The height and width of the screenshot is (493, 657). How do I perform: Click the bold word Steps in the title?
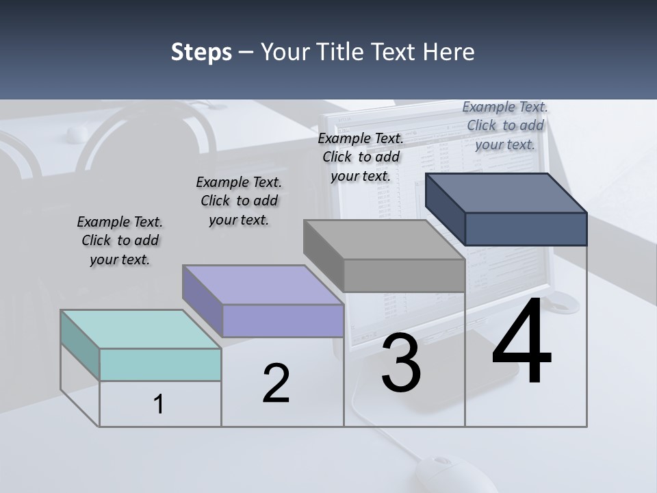point(201,52)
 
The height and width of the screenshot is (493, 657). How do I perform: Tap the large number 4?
point(522,342)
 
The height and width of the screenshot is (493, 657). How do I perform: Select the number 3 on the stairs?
point(401,363)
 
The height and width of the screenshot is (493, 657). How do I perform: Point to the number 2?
point(276,383)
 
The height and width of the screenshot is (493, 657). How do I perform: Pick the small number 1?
point(159,405)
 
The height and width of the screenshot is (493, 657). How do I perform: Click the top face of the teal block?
point(140,329)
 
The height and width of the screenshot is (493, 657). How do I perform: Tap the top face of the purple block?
point(263,284)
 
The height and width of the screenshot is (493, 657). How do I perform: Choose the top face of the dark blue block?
point(506,192)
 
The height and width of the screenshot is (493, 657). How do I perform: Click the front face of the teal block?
point(160,364)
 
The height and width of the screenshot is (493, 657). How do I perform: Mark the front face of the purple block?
point(283,320)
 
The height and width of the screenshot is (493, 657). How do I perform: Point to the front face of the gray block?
point(404,276)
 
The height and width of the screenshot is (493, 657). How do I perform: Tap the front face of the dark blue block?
point(526,229)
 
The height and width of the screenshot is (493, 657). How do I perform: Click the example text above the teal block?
point(120,240)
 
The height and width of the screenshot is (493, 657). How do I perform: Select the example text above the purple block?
point(239,201)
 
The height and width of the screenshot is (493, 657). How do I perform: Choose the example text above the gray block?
point(361,157)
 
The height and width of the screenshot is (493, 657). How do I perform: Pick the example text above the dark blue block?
point(505,125)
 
